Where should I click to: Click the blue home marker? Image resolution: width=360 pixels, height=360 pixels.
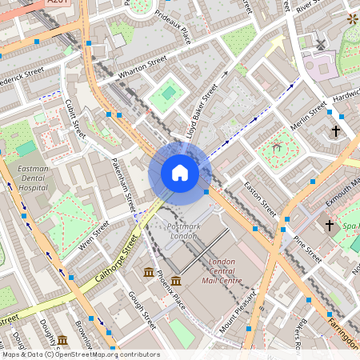click(x=180, y=173)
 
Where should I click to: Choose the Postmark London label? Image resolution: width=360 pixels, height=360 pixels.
click(x=183, y=232)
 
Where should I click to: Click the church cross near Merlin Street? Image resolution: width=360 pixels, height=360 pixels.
click(x=336, y=130)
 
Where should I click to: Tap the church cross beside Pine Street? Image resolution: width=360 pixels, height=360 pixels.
click(x=329, y=226)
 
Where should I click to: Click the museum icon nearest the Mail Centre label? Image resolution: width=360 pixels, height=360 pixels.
click(x=175, y=281)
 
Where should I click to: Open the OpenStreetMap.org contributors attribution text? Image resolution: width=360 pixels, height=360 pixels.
click(x=104, y=354)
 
